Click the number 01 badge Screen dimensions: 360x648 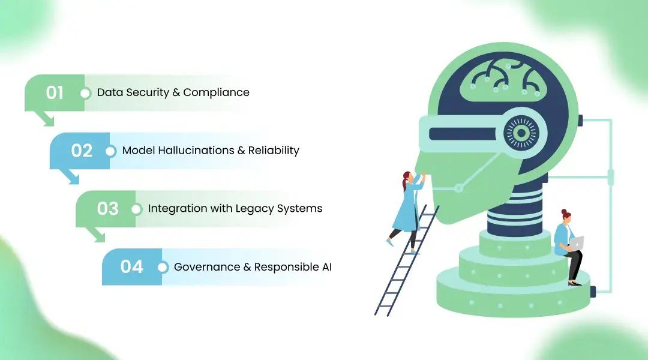[55, 93]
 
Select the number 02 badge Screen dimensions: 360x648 [81, 151]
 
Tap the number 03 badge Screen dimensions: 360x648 [107, 209]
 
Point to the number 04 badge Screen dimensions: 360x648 [131, 267]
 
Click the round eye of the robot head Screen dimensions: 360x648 [521, 133]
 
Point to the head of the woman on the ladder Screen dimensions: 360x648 [408, 177]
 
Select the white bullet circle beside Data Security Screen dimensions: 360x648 [85, 93]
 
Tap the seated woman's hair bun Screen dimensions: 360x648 [563, 212]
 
